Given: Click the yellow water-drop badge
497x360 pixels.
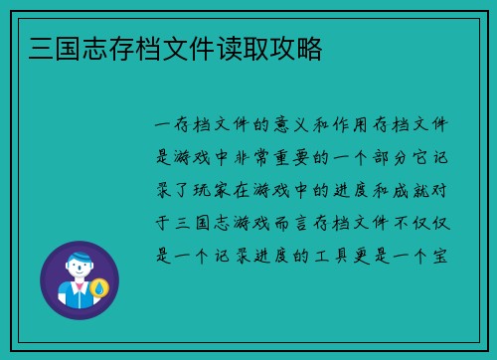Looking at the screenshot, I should (98, 289).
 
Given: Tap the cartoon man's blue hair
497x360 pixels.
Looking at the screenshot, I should (79, 257).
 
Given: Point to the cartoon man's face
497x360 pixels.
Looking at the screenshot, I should (79, 270).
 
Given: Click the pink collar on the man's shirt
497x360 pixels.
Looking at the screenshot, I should (79, 287).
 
